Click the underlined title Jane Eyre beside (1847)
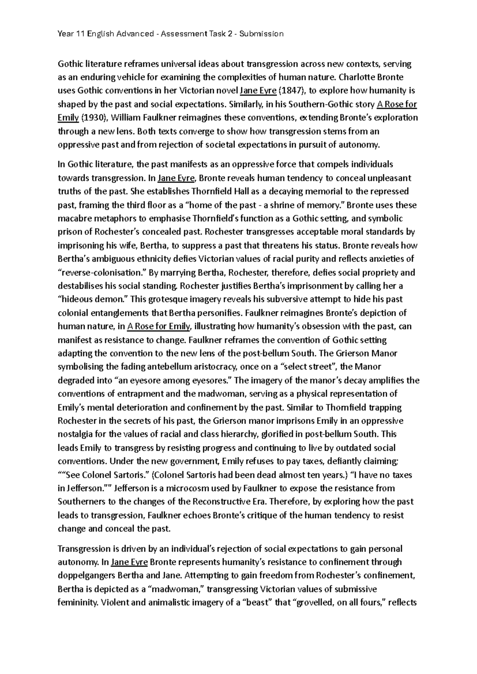(258, 91)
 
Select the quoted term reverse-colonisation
(103, 273)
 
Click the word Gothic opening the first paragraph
(70, 64)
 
